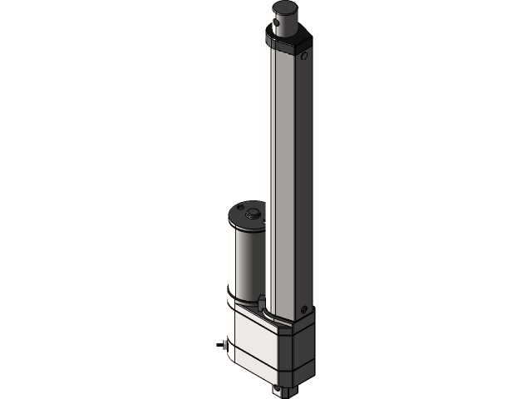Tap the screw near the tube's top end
click(x=304, y=57)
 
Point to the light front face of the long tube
click(x=280, y=166)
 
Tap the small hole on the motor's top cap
click(x=239, y=206)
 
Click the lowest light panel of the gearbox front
click(x=263, y=366)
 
